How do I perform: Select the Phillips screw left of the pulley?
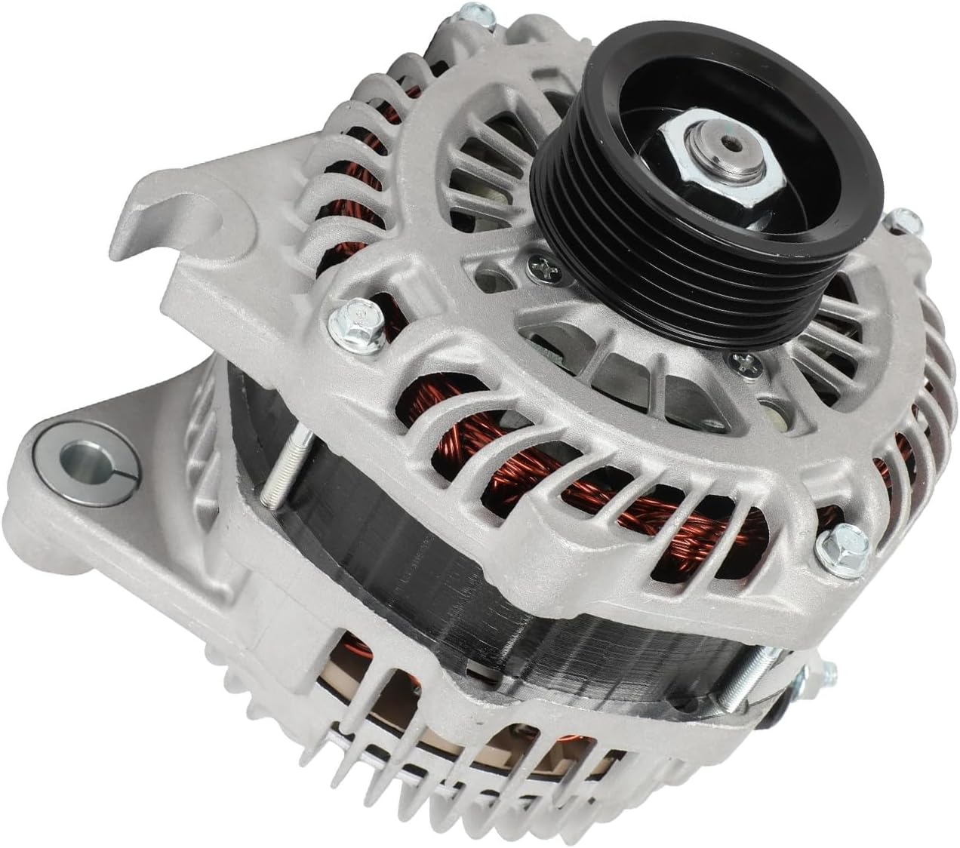click(542, 266)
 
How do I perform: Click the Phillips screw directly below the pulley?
click(743, 365)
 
